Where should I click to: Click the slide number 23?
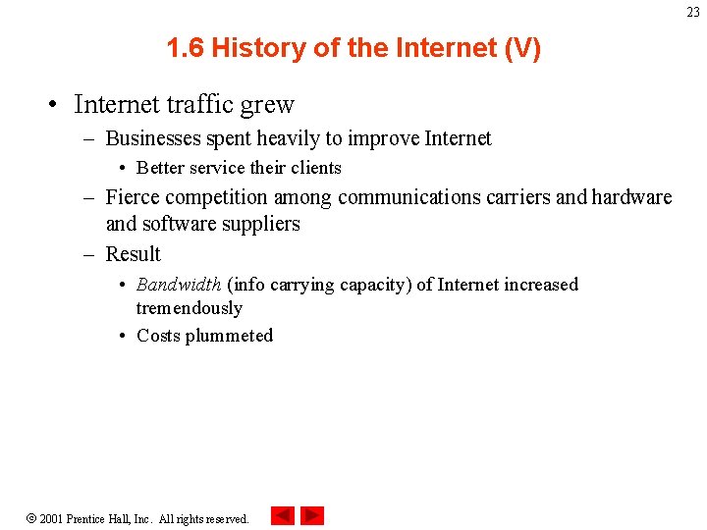click(693, 13)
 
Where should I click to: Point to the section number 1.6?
click(186, 48)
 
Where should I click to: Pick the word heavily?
click(295, 138)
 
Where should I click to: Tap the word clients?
click(315, 168)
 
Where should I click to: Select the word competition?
click(221, 197)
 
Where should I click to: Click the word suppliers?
click(260, 224)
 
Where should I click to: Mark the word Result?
click(133, 254)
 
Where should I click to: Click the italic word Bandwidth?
click(179, 285)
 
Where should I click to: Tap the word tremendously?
click(189, 308)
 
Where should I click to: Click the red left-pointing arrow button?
click(283, 516)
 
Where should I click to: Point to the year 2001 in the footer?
click(52, 518)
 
